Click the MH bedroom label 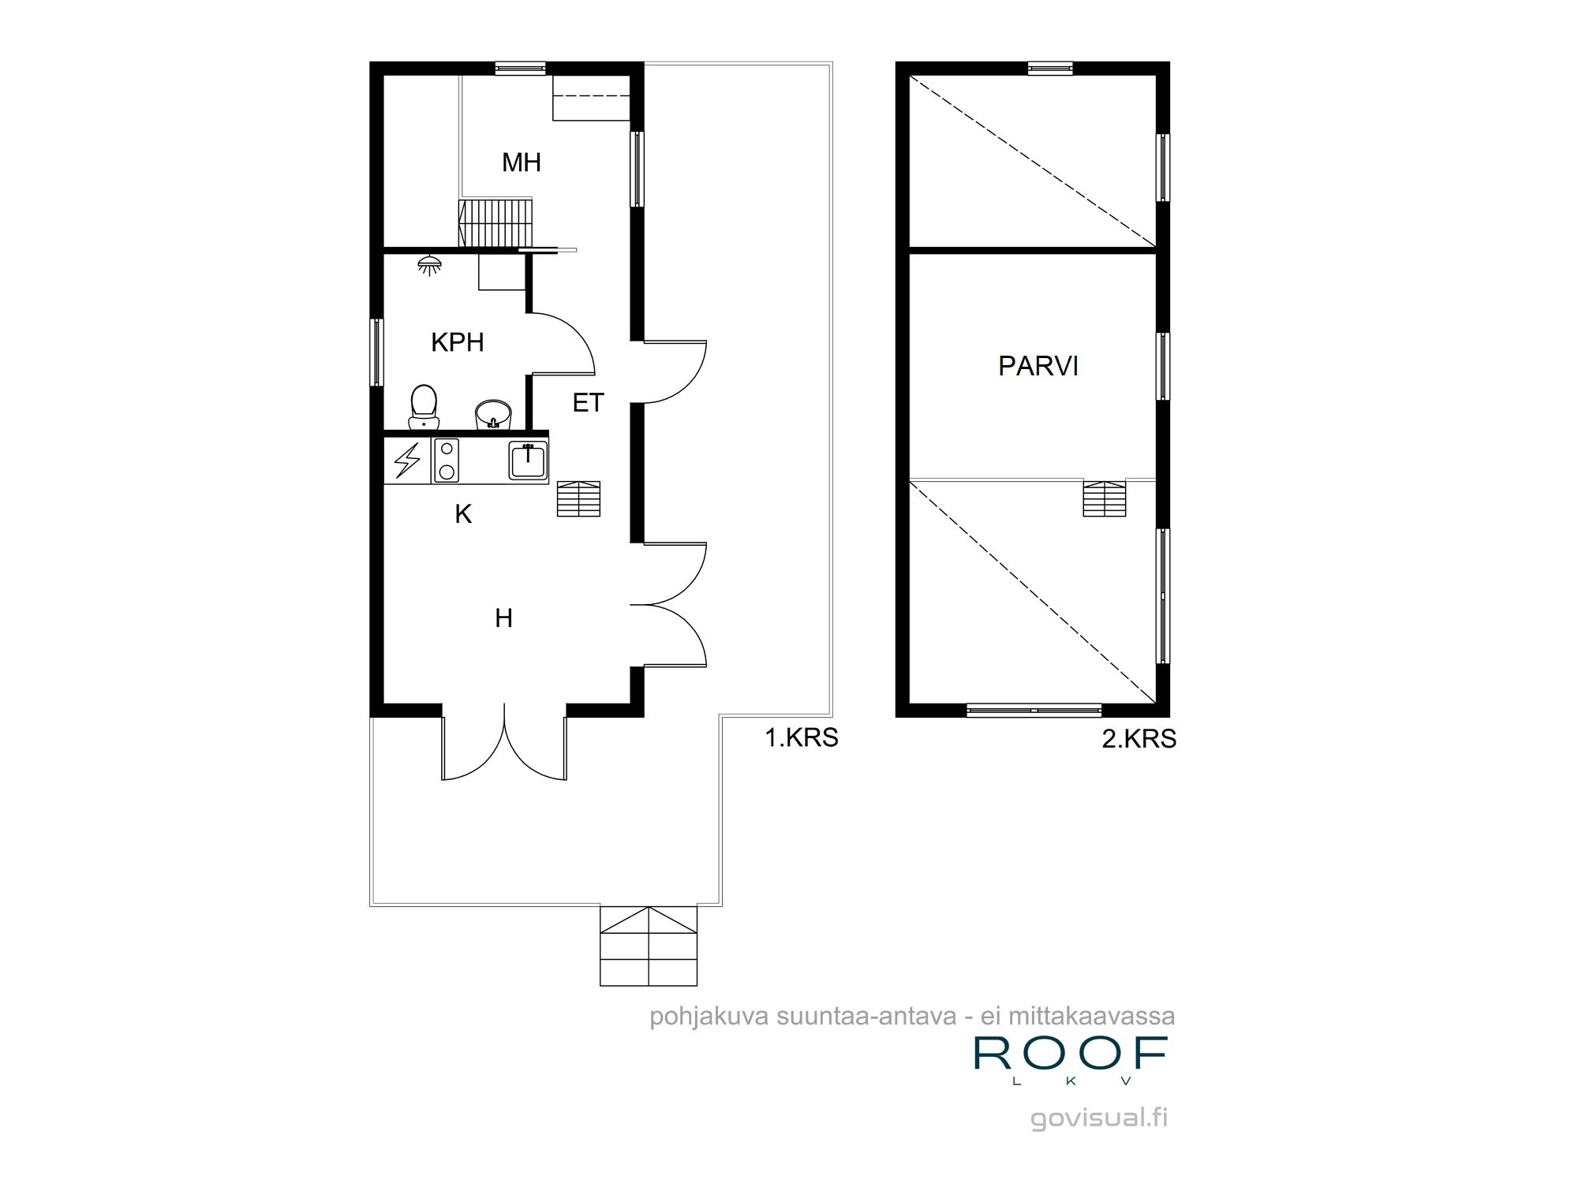pos(522,162)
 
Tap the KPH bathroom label pos(457,342)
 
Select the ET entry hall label pos(588,403)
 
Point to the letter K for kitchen pos(463,514)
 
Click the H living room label pos(503,618)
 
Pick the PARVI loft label pos(1038,366)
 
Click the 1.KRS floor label pos(801,737)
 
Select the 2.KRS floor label pos(1139,739)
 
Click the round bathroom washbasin pos(494,414)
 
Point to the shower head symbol pos(429,265)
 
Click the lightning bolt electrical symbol pos(407,461)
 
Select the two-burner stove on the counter pos(446,461)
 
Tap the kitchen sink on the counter pos(528,461)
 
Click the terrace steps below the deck pos(649,946)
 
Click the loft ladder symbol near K pos(578,498)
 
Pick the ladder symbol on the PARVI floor pos(1104,498)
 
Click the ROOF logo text pos(1071,1054)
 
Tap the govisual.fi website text pos(1098,1118)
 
